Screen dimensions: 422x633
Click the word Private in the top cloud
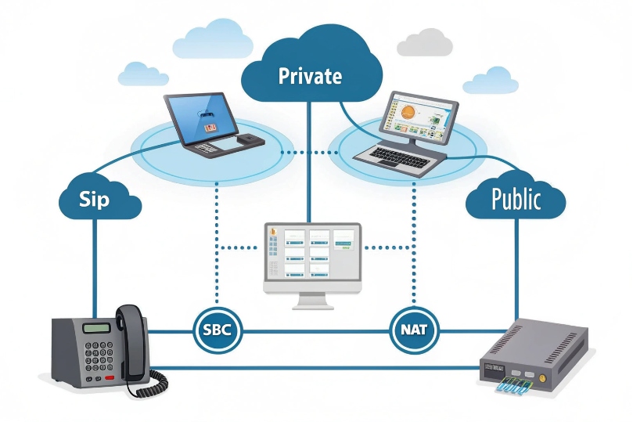point(311,76)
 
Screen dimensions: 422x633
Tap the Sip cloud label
point(95,199)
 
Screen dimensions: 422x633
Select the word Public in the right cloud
point(516,199)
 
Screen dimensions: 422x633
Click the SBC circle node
point(217,330)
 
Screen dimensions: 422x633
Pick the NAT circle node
point(414,330)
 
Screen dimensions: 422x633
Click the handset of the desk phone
point(133,340)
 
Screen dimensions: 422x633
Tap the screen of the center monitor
point(312,254)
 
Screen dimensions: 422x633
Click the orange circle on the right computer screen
point(408,114)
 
